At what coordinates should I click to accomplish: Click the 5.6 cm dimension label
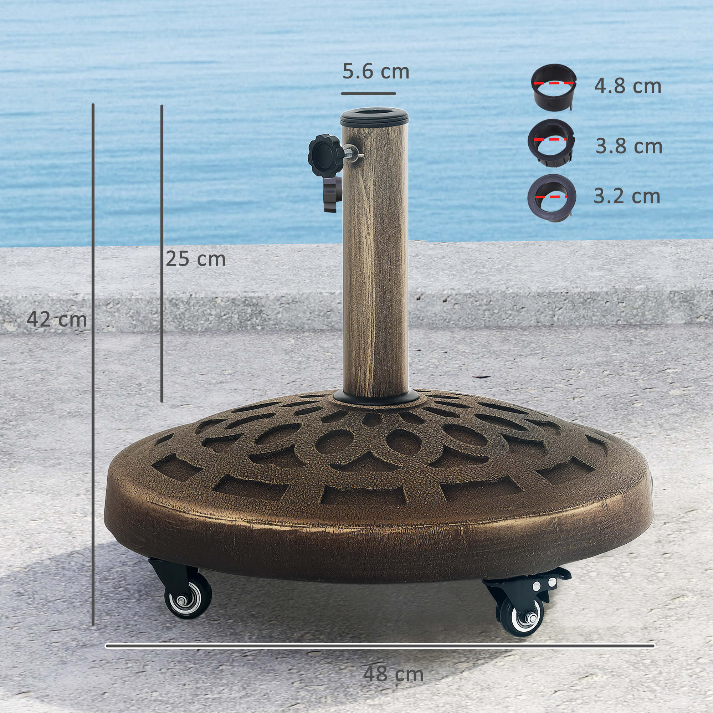tap(376, 71)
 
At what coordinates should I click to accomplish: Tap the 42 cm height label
tap(57, 319)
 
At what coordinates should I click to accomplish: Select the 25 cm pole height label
tap(196, 259)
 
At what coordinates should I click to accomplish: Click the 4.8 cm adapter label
tap(627, 86)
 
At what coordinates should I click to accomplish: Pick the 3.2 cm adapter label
tap(627, 196)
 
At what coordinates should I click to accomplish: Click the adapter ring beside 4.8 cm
tap(553, 87)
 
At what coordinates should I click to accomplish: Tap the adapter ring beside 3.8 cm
tap(551, 143)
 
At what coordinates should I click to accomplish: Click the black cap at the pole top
tap(374, 117)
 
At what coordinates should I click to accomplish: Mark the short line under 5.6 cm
tap(368, 94)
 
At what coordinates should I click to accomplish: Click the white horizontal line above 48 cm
tap(380, 646)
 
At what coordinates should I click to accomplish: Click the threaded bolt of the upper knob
tap(352, 152)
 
